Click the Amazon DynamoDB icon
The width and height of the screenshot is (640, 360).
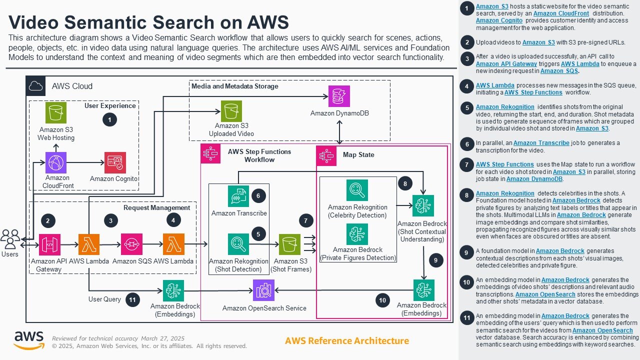pyautogui.click(x=339, y=96)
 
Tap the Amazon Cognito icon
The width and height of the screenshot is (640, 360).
pyautogui.click(x=115, y=162)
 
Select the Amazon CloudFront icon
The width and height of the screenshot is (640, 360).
pyautogui.click(x=56, y=162)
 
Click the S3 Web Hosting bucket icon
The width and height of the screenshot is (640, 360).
pyautogui.click(x=56, y=112)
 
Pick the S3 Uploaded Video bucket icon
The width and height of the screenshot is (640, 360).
pyautogui.click(x=231, y=111)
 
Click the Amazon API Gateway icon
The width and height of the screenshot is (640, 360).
pyautogui.click(x=49, y=244)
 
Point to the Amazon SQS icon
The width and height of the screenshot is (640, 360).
pyautogui.click(x=131, y=244)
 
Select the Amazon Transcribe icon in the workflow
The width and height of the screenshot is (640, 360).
pyautogui.click(x=238, y=196)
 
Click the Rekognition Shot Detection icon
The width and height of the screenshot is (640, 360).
pyautogui.click(x=238, y=244)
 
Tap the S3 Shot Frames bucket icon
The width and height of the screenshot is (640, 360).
pyautogui.click(x=290, y=244)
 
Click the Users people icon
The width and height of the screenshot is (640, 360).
pyautogui.click(x=10, y=239)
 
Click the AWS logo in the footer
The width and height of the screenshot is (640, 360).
pyautogui.click(x=28, y=340)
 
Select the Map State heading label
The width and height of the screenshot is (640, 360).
pyautogui.click(x=358, y=155)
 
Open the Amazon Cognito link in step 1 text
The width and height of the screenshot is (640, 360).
pyautogui.click(x=499, y=20)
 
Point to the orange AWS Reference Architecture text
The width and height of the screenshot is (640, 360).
pyautogui.click(x=346, y=341)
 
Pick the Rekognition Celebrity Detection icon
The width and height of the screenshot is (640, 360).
pyautogui.click(x=357, y=190)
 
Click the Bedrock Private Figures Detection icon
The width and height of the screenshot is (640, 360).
pyautogui.click(x=357, y=234)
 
